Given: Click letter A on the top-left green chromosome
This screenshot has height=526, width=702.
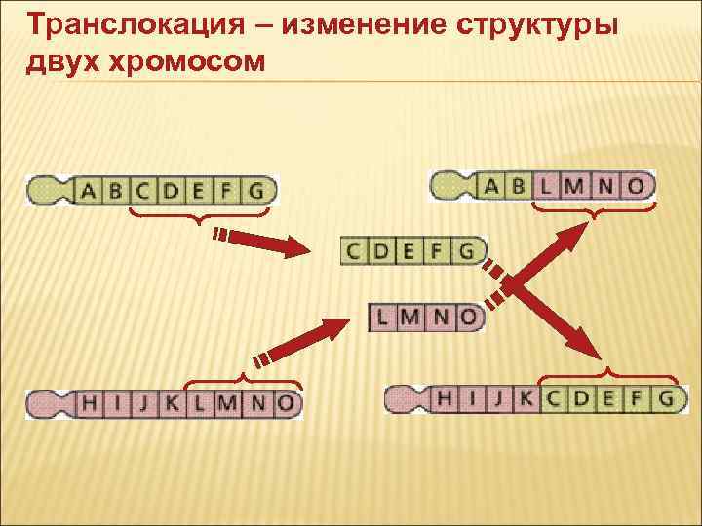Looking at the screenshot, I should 89,190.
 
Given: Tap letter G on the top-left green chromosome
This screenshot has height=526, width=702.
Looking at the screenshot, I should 257,190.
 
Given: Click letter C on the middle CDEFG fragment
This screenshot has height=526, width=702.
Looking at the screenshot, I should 354,250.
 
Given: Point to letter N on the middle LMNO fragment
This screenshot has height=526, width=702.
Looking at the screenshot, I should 444,317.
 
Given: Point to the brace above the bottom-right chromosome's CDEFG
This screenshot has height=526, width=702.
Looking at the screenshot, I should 608,374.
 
